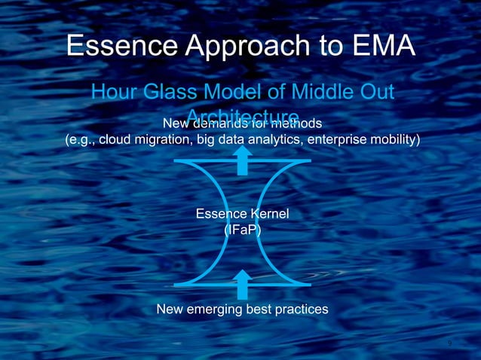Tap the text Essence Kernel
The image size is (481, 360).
point(242,215)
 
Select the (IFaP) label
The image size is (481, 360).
point(242,230)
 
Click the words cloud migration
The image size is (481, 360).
point(143,139)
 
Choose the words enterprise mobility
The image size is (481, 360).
point(361,139)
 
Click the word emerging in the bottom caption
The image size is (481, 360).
point(216,310)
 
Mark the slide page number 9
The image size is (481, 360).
point(449,343)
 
